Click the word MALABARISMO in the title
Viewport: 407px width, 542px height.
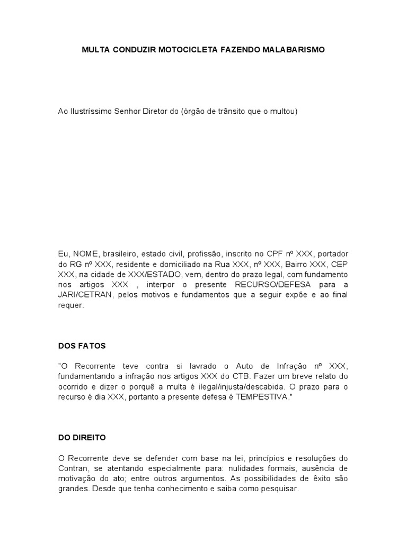tap(294, 50)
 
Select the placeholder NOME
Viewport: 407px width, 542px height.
tap(84, 254)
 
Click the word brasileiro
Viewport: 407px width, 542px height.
tap(119, 254)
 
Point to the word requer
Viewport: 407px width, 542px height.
tap(71, 305)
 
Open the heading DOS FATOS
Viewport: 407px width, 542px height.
tap(82, 346)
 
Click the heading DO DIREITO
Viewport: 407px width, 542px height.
tap(82, 438)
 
